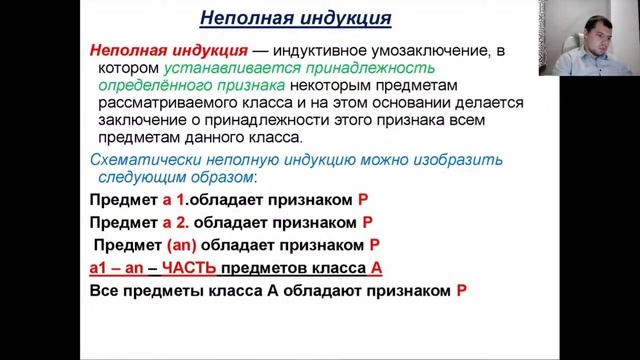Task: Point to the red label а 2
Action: pyautogui.click(x=178, y=222)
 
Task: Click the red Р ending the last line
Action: pyautogui.click(x=461, y=291)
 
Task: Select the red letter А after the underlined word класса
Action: pyautogui.click(x=377, y=268)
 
